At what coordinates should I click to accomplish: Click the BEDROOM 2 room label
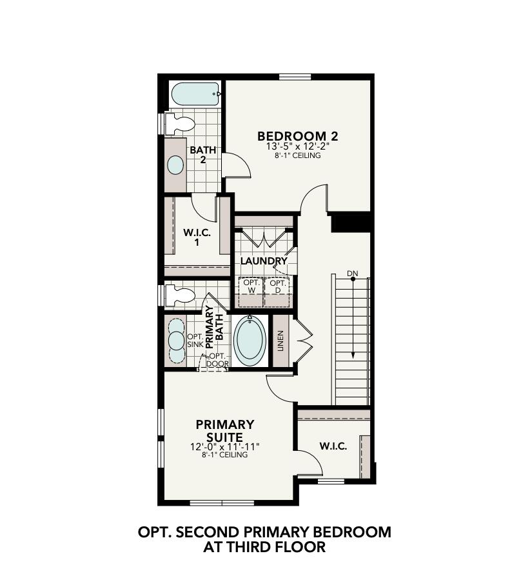pyautogui.click(x=297, y=136)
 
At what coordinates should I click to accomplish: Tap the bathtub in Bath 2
pyautogui.click(x=194, y=95)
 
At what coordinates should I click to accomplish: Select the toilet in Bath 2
pyautogui.click(x=180, y=123)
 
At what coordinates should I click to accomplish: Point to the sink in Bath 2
pyautogui.click(x=175, y=164)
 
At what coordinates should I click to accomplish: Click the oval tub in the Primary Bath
pyautogui.click(x=250, y=340)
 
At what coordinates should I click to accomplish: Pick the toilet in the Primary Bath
pyautogui.click(x=181, y=295)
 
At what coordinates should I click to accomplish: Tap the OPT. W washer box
pyautogui.click(x=251, y=286)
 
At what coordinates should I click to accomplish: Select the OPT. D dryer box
pyautogui.click(x=278, y=286)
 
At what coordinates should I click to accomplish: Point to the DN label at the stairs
pyautogui.click(x=352, y=274)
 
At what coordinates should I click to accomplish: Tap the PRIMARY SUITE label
pyautogui.click(x=225, y=430)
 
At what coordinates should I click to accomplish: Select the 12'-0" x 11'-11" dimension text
pyautogui.click(x=225, y=446)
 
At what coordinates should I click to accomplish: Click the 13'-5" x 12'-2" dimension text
pyautogui.click(x=297, y=147)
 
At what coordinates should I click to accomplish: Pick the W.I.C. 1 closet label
pyautogui.click(x=197, y=238)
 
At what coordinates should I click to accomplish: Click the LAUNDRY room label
pyautogui.click(x=263, y=261)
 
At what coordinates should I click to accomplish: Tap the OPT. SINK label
pyautogui.click(x=195, y=341)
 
